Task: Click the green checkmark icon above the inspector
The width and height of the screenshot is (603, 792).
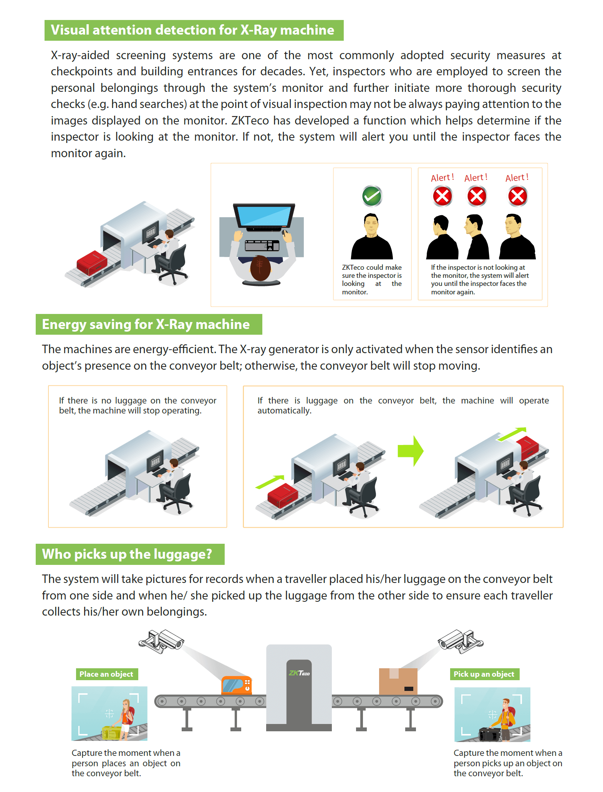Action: click(x=372, y=196)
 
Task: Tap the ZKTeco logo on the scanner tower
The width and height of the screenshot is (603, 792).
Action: click(x=299, y=673)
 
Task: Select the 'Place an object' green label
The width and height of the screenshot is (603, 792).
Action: click(x=106, y=674)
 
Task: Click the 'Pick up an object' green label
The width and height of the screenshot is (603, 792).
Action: click(x=484, y=674)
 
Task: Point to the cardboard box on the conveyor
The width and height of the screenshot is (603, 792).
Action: click(x=398, y=681)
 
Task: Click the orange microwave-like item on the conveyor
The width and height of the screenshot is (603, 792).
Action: click(x=237, y=685)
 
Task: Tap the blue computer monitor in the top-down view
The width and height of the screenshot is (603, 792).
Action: click(x=264, y=216)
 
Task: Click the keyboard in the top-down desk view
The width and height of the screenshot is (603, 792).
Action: click(x=262, y=245)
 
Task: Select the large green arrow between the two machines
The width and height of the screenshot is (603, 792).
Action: click(x=411, y=451)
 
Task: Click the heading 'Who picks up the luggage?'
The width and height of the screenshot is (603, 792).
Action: click(x=127, y=554)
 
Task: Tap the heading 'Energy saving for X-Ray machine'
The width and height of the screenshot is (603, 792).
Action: click(x=146, y=324)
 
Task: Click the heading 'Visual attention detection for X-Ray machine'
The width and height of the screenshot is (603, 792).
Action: click(x=192, y=30)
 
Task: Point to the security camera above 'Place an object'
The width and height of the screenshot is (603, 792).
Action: click(x=162, y=641)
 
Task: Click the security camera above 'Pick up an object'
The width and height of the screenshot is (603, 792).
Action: click(x=461, y=641)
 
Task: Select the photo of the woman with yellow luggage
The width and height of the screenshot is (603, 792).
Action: click(x=109, y=714)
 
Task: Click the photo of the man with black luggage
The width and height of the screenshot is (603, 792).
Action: click(x=492, y=714)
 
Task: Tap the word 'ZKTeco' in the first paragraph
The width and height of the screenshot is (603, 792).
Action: click(x=250, y=120)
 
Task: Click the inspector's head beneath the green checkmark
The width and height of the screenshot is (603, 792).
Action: click(x=371, y=224)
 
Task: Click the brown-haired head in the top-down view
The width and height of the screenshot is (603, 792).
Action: click(x=260, y=268)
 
